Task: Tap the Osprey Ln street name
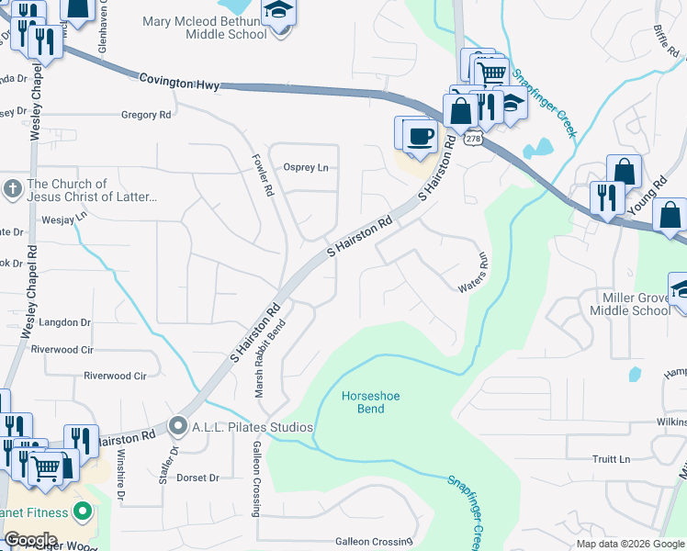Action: point(306,167)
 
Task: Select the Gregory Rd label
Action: point(146,115)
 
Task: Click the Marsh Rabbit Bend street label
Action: point(271,357)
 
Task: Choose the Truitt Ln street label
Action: point(611,459)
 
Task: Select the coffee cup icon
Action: point(421,136)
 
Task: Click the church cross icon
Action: point(12,189)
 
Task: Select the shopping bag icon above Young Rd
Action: point(625,172)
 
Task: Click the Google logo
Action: point(30,540)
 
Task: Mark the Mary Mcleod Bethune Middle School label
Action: point(212,27)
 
